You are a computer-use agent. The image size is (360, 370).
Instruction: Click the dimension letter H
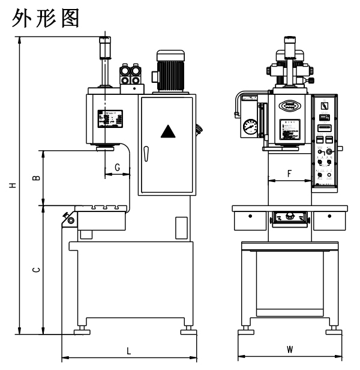pyautogui.click(x=11, y=186)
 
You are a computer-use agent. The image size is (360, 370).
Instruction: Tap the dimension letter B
pyautogui.click(x=36, y=178)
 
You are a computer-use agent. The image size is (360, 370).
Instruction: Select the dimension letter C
pyautogui.click(x=36, y=271)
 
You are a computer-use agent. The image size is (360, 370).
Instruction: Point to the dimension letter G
pyautogui.click(x=118, y=166)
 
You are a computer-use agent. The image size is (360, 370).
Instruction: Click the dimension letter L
pyautogui.click(x=128, y=350)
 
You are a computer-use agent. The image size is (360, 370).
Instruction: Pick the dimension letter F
pyautogui.click(x=289, y=174)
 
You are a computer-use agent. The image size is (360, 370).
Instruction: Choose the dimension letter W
pyautogui.click(x=289, y=349)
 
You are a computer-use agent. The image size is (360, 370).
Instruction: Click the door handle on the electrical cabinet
pyautogui.click(x=145, y=154)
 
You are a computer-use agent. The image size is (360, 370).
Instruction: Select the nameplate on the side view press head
pyautogui.click(x=110, y=120)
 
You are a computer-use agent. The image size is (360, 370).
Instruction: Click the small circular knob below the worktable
pyautogui.click(x=72, y=221)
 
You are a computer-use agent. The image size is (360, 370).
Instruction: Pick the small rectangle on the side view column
pyautogui.click(x=181, y=228)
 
